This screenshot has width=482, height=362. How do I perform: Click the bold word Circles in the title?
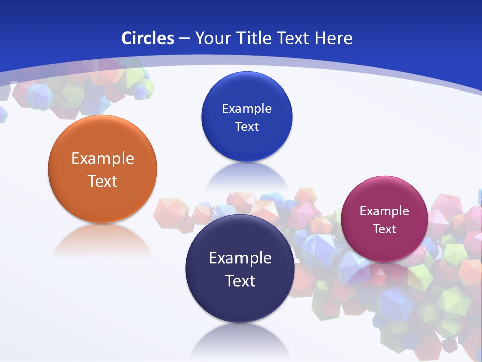148,38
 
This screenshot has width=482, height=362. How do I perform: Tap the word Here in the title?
334,38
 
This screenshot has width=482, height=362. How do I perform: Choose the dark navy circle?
239,302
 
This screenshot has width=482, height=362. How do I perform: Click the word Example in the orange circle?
102,159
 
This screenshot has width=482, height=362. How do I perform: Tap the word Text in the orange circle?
102,181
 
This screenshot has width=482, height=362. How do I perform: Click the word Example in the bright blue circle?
247,109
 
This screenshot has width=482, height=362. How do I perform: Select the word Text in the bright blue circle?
247,126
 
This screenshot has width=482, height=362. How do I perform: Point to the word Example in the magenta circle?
384,211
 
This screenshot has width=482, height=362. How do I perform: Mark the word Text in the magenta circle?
385,229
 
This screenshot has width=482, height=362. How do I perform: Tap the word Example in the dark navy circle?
240,258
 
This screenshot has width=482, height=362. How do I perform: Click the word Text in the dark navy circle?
240,281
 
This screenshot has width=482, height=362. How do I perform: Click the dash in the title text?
184,39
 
